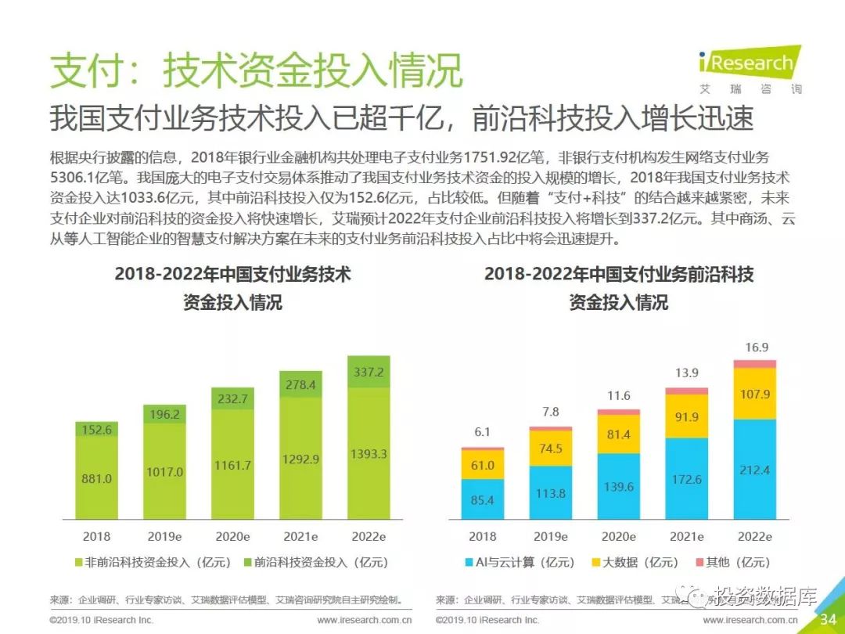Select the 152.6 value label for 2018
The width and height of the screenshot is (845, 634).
coord(97,430)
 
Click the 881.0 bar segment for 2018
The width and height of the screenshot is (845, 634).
coord(97,479)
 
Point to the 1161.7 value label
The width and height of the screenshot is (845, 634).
coord(232,465)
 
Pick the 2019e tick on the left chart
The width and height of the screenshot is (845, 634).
coord(164,537)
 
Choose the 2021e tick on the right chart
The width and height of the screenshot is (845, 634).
coord(686,537)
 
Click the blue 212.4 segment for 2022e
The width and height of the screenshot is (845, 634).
coord(754,470)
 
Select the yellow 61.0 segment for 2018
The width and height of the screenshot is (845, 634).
coord(483,465)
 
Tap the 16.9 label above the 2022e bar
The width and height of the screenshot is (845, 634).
coord(756,348)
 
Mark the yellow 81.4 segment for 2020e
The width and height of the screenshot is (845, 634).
coord(618,434)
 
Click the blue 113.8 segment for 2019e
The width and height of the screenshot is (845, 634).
coord(551,493)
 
